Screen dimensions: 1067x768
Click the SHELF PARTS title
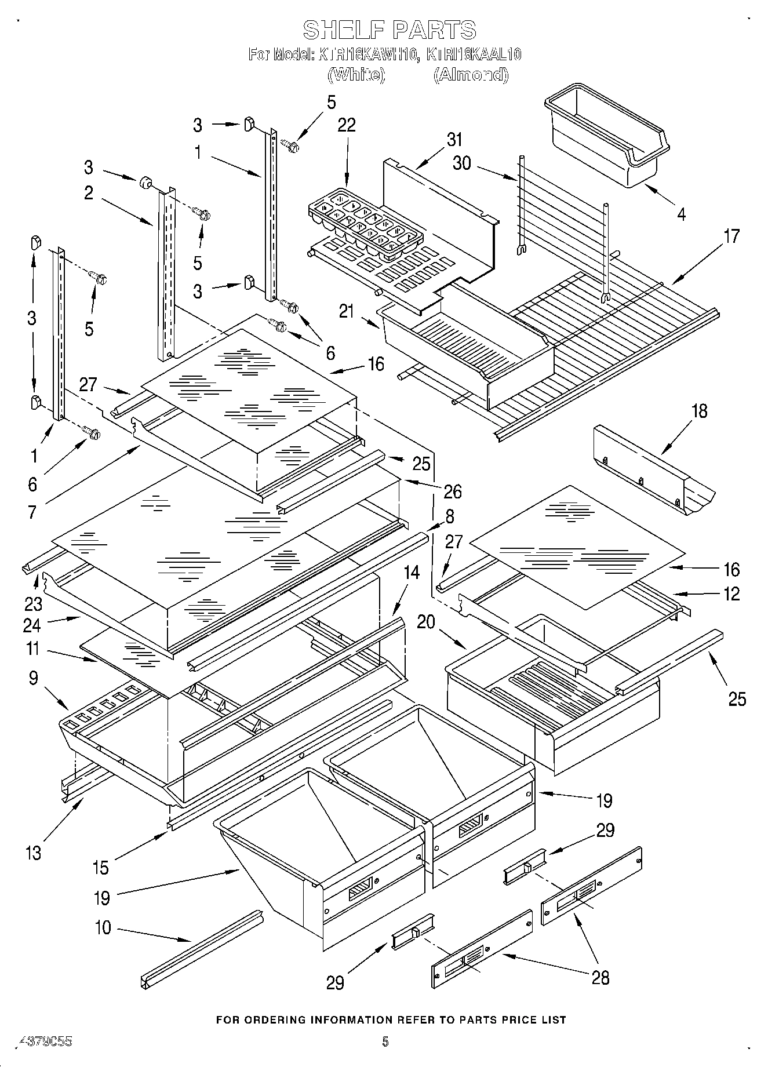tap(390, 30)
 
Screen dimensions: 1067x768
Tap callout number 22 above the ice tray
tap(347, 125)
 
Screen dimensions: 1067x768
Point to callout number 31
tap(455, 140)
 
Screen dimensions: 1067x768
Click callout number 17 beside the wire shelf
tap(731, 236)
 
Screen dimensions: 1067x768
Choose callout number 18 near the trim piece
tap(700, 411)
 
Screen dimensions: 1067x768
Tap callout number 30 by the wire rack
tap(462, 163)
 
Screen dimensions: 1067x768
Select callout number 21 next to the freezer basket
tap(346, 311)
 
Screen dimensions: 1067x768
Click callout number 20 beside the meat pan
tap(426, 622)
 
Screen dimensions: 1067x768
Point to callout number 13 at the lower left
tap(34, 853)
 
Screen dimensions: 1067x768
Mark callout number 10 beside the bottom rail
tap(103, 927)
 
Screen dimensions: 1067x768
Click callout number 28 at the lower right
tap(600, 978)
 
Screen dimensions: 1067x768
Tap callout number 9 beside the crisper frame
tap(33, 678)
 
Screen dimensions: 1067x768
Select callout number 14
tap(411, 573)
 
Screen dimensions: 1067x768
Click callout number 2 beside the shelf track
tap(88, 193)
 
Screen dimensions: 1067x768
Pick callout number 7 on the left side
tap(32, 512)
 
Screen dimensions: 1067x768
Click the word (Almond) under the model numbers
tap(471, 75)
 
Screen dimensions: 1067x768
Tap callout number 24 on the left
tap(33, 625)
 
